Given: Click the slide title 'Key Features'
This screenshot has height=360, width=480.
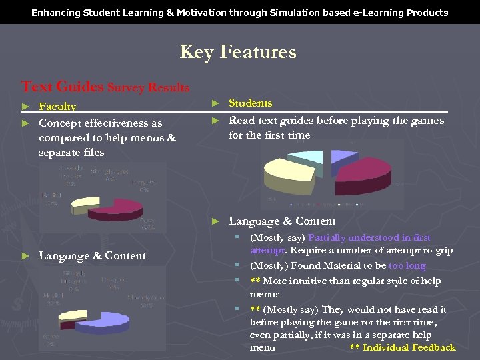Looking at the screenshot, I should click(x=238, y=52).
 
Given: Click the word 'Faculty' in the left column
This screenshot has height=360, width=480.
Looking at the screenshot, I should click(x=57, y=107).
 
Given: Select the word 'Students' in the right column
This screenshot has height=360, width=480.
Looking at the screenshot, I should click(x=250, y=103).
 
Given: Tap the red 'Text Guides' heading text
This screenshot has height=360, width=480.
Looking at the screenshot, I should click(x=62, y=87).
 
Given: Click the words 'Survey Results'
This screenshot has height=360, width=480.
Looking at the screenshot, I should click(x=149, y=88).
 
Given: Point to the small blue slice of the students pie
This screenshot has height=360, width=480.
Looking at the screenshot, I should click(x=342, y=156).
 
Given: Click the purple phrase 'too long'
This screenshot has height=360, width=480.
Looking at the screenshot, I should click(x=407, y=266).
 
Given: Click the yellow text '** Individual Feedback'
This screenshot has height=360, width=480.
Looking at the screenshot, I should click(x=402, y=347).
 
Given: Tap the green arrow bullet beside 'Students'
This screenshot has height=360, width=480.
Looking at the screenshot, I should click(x=215, y=103).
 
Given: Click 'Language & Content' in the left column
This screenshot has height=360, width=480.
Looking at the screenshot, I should click(x=92, y=256).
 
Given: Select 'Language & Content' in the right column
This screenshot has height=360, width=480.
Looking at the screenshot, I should click(x=282, y=221).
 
